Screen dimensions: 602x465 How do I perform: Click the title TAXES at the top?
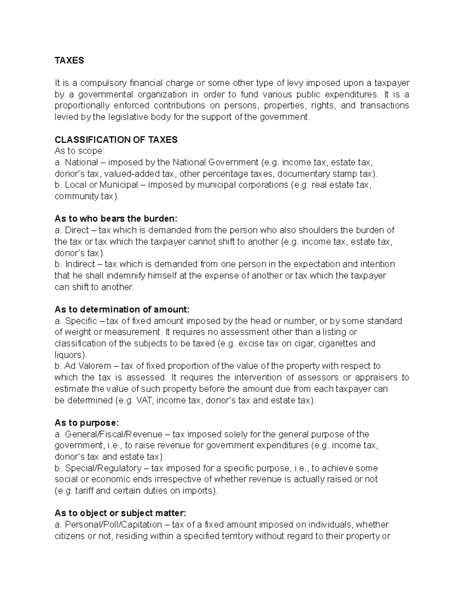click(69, 60)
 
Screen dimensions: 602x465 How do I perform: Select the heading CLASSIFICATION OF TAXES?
click(116, 140)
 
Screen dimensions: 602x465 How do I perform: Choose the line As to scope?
click(79, 151)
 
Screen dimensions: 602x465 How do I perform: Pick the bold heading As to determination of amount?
click(122, 309)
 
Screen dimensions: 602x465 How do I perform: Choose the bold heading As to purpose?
click(86, 423)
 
